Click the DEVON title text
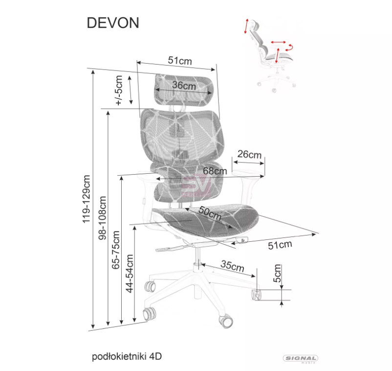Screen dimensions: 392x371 (x=113, y=23)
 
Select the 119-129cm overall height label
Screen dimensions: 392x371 (x=86, y=199)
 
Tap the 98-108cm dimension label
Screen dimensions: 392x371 (x=102, y=218)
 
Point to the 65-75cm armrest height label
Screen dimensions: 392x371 (x=116, y=250)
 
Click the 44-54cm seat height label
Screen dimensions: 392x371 (x=130, y=274)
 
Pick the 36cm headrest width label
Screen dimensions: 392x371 (x=184, y=86)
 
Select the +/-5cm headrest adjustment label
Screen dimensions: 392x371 (x=118, y=91)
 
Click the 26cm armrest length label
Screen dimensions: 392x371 (x=249, y=155)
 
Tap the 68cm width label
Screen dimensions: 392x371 (x=215, y=171)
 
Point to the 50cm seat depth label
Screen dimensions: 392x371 (x=210, y=213)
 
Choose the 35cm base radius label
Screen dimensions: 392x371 (x=232, y=266)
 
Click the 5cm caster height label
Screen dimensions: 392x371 (x=277, y=274)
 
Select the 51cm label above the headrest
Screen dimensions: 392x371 (x=180, y=61)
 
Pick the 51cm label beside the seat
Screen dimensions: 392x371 (x=280, y=245)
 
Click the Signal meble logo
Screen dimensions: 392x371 (x=301, y=359)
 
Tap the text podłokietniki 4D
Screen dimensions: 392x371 (x=127, y=356)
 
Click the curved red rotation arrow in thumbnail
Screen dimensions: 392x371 (x=290, y=47)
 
